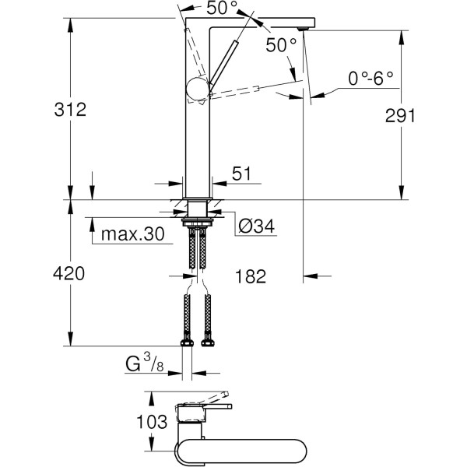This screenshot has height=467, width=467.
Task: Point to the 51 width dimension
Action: [242, 174]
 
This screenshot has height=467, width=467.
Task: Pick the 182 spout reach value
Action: [250, 276]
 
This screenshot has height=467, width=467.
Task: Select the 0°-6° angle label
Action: [370, 78]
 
